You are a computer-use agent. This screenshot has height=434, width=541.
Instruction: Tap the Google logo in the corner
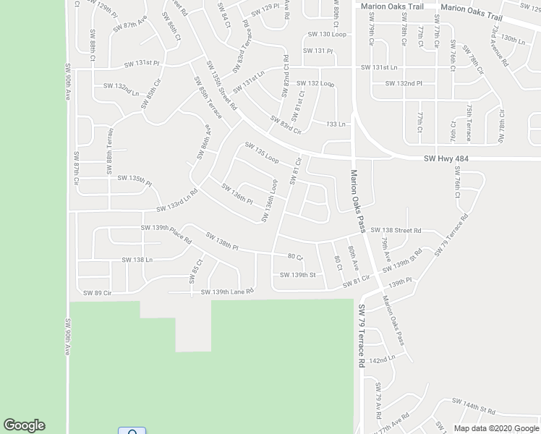pos(24,425)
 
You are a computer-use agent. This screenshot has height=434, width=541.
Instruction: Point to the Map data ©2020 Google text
pos(497,428)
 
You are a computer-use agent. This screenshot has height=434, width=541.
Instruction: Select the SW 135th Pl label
pos(135,180)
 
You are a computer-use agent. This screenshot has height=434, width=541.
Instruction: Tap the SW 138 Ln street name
pos(137,259)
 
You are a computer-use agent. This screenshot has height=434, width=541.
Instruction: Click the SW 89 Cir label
pos(98,292)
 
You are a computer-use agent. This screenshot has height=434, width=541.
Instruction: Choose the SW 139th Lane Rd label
pos(227,292)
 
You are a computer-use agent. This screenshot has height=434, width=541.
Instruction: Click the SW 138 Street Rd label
pos(396,230)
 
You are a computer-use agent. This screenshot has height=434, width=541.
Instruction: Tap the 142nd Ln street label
pos(382,359)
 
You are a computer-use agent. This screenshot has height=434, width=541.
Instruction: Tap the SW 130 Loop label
pos(327,34)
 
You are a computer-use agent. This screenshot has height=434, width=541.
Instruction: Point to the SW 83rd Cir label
pos(285,124)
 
